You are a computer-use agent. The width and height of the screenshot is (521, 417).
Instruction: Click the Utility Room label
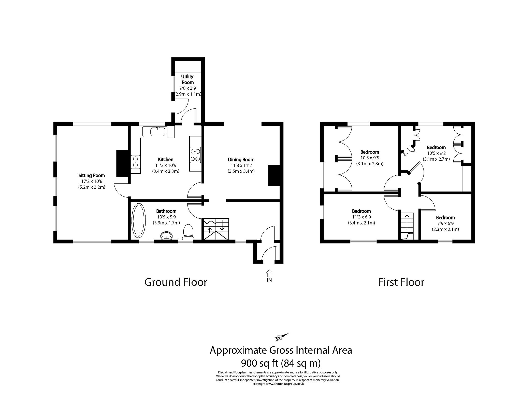(x=187, y=79)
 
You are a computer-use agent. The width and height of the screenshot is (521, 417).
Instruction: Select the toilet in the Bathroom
(x=188, y=232)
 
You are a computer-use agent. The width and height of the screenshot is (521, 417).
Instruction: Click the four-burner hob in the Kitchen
(x=195, y=155)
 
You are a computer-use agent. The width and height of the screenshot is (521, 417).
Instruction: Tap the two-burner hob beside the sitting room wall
(x=136, y=162)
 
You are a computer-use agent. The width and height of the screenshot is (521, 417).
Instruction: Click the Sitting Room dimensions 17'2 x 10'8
(x=92, y=181)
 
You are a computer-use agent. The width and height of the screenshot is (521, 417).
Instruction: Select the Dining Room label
(x=241, y=160)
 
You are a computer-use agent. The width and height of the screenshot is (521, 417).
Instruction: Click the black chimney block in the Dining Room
(x=274, y=175)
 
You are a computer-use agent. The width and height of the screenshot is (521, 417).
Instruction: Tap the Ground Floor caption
(x=176, y=282)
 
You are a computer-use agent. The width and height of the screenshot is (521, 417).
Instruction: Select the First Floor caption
(x=401, y=282)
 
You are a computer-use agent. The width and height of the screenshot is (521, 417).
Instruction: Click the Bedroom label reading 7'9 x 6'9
(x=445, y=218)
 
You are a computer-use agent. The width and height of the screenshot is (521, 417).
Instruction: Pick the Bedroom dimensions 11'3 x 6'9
(x=361, y=217)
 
